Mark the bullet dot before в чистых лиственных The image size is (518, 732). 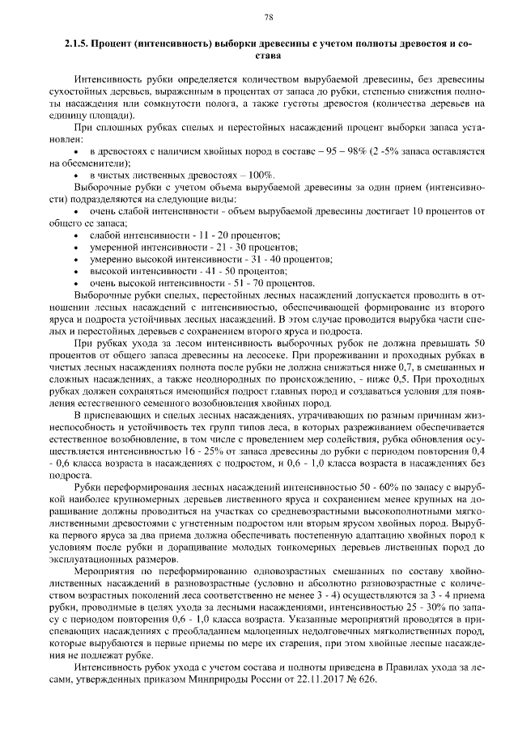click(76, 175)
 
